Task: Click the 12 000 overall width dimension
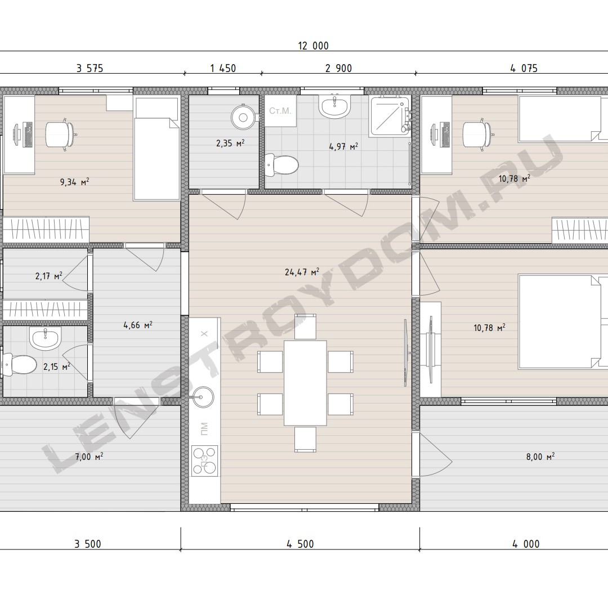point(314,46)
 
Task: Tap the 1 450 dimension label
point(223,68)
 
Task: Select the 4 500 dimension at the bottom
point(300,544)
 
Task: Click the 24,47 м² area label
point(302,272)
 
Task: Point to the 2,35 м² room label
point(230,143)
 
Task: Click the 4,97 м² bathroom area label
point(343,146)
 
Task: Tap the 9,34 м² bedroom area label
point(75,181)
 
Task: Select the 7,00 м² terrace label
point(89,457)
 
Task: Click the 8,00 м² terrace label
point(540,457)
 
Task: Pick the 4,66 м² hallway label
point(138,325)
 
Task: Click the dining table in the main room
point(305,383)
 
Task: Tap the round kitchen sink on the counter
point(203,397)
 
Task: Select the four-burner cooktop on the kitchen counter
point(204,461)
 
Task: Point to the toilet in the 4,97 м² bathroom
point(281,166)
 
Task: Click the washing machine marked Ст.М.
point(280,111)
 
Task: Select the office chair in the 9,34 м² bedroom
point(60,134)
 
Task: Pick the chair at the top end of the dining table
point(305,327)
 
